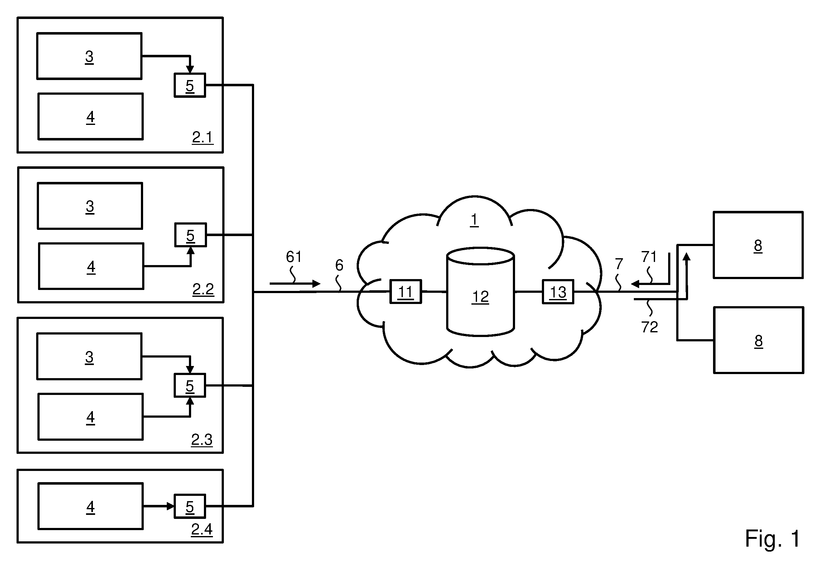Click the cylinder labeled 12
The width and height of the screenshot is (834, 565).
click(x=480, y=292)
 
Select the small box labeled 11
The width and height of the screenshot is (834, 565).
click(x=406, y=292)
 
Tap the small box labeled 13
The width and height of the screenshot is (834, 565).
click(x=558, y=292)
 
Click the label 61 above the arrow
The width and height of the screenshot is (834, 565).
click(x=294, y=257)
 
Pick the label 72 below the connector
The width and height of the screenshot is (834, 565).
click(x=649, y=327)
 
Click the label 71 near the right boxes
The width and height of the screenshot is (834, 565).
click(x=649, y=257)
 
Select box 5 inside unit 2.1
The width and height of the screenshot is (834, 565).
click(x=190, y=85)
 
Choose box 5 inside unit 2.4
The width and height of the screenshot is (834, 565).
click(x=190, y=506)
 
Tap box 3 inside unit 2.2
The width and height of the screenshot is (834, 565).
click(x=90, y=206)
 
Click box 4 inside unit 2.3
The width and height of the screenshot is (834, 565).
click(x=91, y=416)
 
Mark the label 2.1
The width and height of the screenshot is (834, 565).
click(x=203, y=137)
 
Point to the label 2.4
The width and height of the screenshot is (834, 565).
click(x=202, y=529)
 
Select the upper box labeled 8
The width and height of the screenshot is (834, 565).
click(x=758, y=245)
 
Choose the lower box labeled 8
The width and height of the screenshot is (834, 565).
click(x=759, y=340)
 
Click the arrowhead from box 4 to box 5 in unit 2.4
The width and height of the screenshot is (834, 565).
click(x=171, y=506)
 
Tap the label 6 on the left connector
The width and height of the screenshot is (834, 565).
click(x=339, y=265)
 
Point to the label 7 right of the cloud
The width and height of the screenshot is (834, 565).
click(x=619, y=264)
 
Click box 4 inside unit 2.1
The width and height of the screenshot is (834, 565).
click(x=91, y=116)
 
